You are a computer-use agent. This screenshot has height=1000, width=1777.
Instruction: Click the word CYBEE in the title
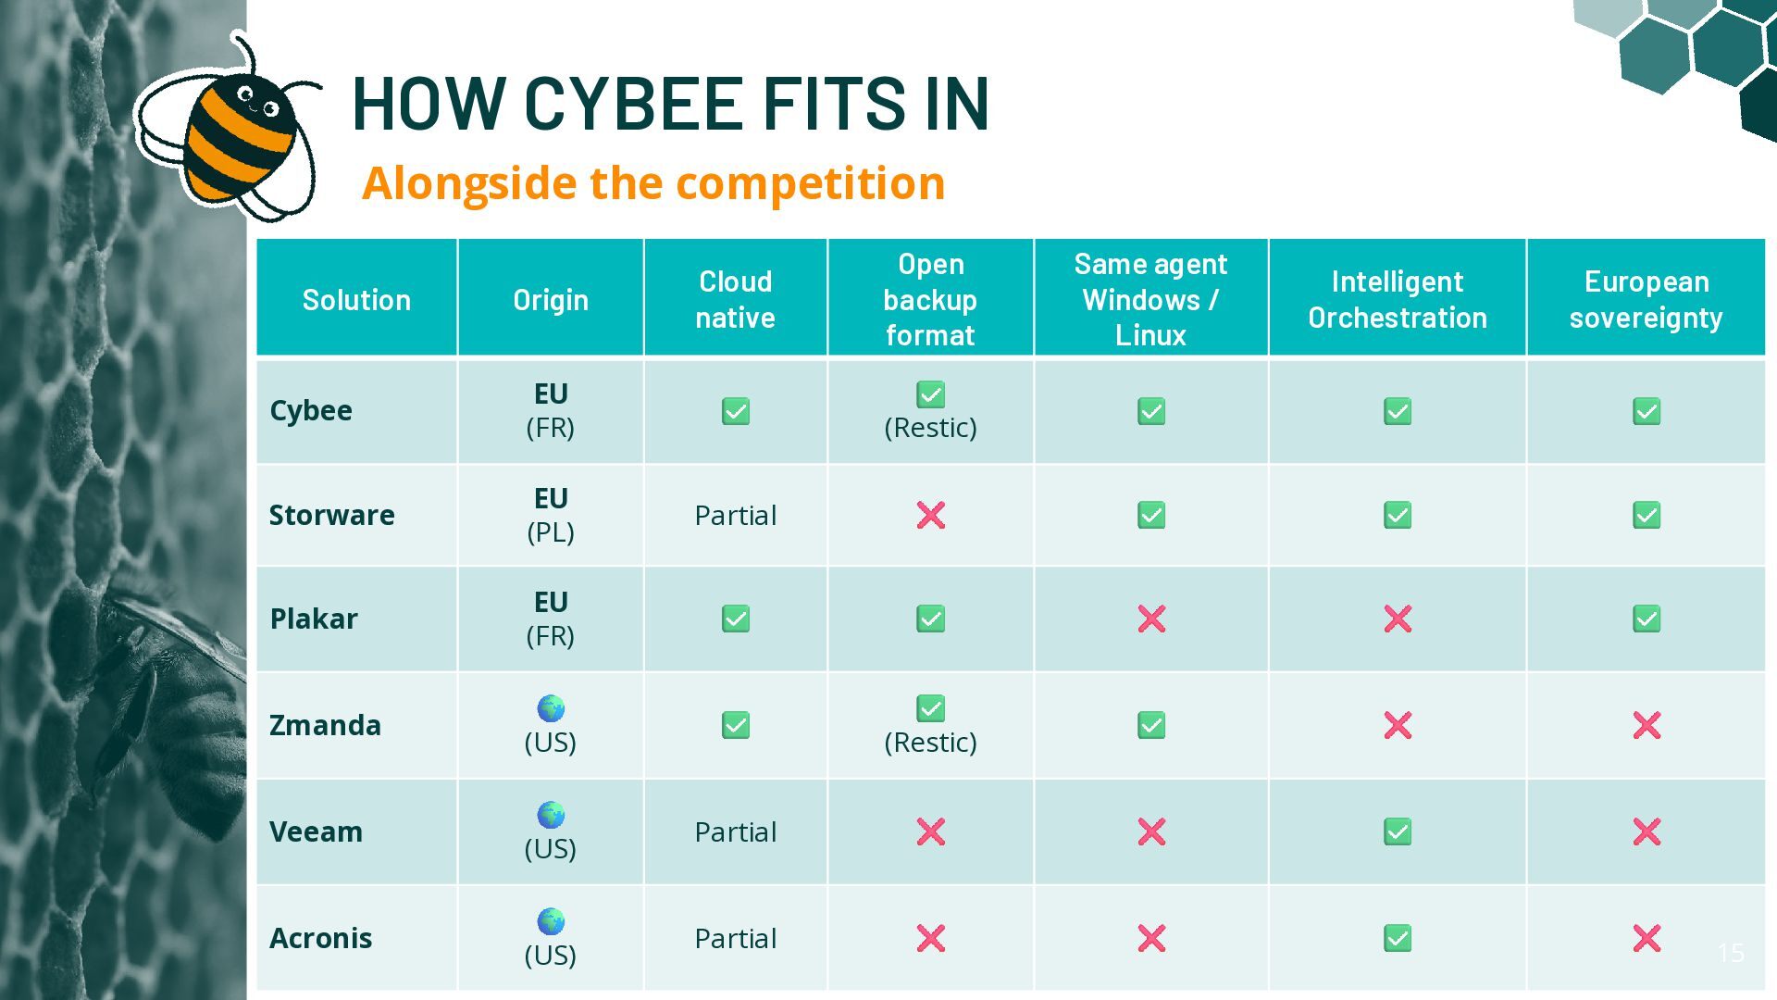[634, 103]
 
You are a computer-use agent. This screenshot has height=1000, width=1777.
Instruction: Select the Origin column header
[551, 300]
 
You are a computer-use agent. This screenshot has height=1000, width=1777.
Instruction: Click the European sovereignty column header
[1646, 300]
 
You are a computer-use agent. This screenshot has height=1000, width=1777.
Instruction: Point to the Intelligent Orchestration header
[1398, 300]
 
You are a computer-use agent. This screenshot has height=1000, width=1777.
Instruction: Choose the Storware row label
[331, 515]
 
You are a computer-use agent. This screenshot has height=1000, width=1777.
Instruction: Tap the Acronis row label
[320, 938]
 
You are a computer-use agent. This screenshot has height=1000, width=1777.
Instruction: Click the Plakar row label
[313, 619]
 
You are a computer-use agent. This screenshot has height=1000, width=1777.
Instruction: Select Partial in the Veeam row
[736, 832]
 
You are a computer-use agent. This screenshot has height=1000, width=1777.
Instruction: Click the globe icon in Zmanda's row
[551, 708]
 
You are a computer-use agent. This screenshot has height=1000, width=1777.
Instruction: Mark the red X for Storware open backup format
[931, 515]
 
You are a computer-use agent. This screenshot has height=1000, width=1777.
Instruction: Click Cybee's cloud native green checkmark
[736, 411]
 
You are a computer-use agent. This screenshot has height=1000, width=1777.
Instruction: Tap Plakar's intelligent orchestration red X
[1398, 619]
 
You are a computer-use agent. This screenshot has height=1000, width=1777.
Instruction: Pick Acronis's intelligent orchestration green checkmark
[1398, 938]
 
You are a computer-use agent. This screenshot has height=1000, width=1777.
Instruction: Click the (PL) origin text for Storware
[551, 532]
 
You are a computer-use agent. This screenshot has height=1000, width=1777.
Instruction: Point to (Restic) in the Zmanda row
[931, 743]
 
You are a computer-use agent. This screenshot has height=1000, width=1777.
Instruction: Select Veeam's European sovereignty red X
[1647, 831]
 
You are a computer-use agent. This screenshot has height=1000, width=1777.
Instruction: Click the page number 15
[1731, 953]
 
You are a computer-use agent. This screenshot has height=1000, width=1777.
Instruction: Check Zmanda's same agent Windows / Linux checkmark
[1151, 725]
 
